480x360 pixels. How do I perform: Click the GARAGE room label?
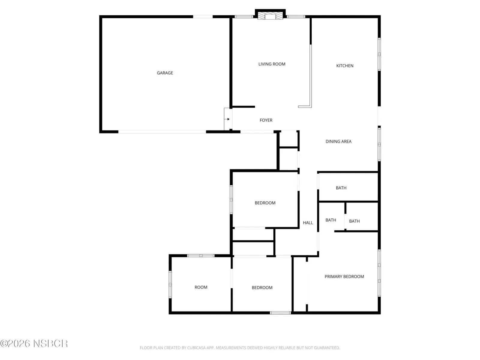coord(165,73)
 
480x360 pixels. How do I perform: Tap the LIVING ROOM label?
coord(271,64)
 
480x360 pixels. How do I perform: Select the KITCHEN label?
coord(344,66)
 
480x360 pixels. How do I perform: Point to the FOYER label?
coord(266,120)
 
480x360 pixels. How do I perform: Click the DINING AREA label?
coord(338,141)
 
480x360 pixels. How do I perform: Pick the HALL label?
coord(307,223)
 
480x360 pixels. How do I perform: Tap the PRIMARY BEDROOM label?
coord(344,277)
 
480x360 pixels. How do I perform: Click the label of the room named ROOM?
coord(201,287)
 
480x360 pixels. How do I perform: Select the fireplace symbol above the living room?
coord(270,16)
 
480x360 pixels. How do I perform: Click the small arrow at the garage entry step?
coord(228,119)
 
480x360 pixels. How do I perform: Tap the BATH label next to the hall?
coord(331,220)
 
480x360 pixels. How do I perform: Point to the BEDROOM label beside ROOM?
coord(262,287)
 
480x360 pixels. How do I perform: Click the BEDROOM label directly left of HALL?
coord(265,203)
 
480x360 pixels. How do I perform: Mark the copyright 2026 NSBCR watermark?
coord(34,343)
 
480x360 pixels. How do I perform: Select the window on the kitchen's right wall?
coord(379,54)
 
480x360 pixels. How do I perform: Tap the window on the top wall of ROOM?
coord(200,256)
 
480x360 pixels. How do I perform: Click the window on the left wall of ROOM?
coord(170,284)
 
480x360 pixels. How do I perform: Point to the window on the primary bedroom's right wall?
coord(379,273)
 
